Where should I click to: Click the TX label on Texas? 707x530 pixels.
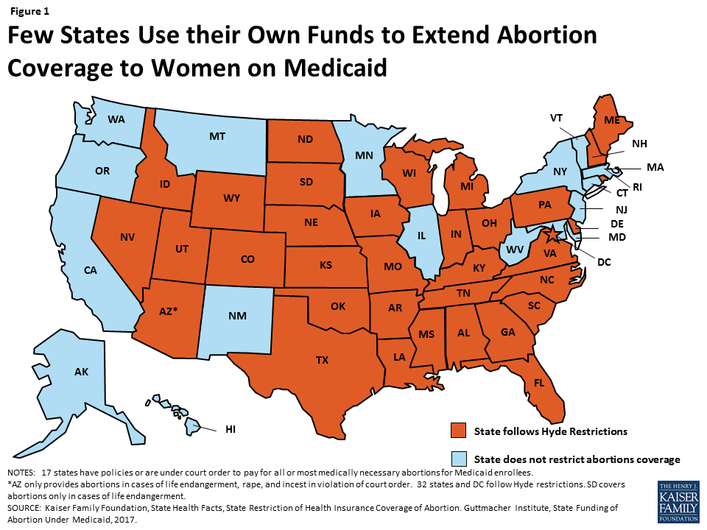click(x=323, y=360)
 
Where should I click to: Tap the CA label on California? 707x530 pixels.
click(x=91, y=270)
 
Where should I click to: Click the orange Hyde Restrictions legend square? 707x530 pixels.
click(x=459, y=430)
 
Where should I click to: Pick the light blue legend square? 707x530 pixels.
click(x=459, y=459)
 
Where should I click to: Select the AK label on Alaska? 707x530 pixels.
click(x=81, y=372)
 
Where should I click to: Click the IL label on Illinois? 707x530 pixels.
click(x=421, y=238)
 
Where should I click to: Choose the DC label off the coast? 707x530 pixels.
click(x=604, y=261)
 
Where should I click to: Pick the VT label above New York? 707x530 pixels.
click(x=557, y=118)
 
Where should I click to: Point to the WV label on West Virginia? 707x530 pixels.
click(x=516, y=250)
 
